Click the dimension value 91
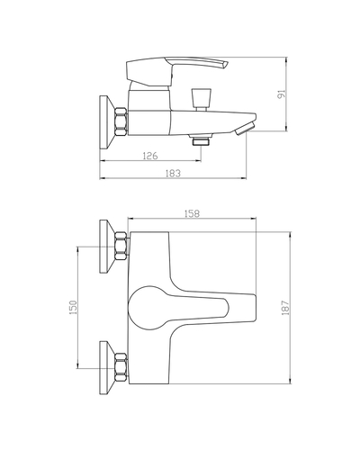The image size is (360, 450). click(283, 94)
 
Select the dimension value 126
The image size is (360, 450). click(150, 156)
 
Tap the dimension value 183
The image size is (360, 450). click(173, 174)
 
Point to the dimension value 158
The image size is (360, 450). click(192, 213)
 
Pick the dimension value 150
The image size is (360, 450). click(74, 307)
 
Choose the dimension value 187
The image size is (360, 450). click(285, 308)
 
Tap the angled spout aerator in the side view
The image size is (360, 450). click(245, 129)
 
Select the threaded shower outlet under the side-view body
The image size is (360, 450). click(201, 140)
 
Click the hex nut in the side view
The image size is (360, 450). click(121, 122)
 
